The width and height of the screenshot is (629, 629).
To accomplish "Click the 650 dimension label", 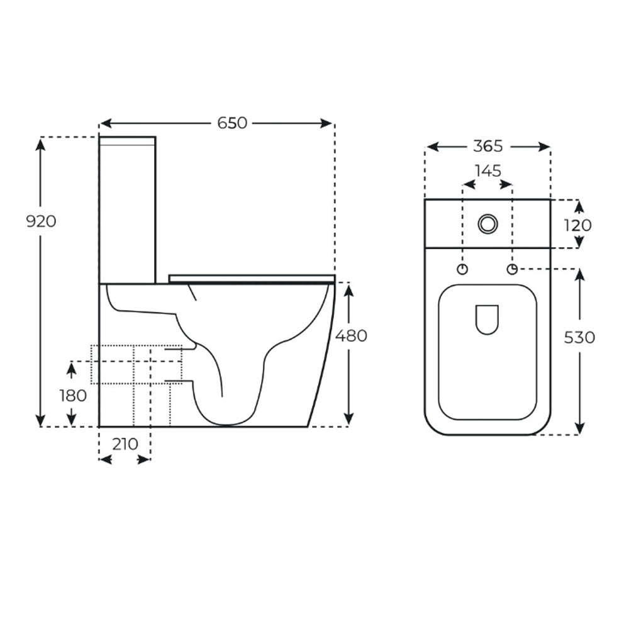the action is click(x=232, y=123).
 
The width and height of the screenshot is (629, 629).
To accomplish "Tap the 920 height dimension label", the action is click(x=41, y=221).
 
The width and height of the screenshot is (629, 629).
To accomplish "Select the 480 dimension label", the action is click(x=351, y=336).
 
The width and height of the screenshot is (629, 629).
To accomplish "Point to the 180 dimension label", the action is click(x=73, y=396).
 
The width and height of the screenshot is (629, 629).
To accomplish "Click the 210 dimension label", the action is click(x=125, y=444).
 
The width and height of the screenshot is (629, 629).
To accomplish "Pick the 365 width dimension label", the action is click(x=488, y=146).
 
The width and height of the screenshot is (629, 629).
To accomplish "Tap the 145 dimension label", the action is click(x=488, y=171).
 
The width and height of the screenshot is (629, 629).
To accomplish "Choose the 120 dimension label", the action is click(x=577, y=225).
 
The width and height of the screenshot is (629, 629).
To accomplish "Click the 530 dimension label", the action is click(x=579, y=338).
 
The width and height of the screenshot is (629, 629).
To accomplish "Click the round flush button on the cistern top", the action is click(x=488, y=223).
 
